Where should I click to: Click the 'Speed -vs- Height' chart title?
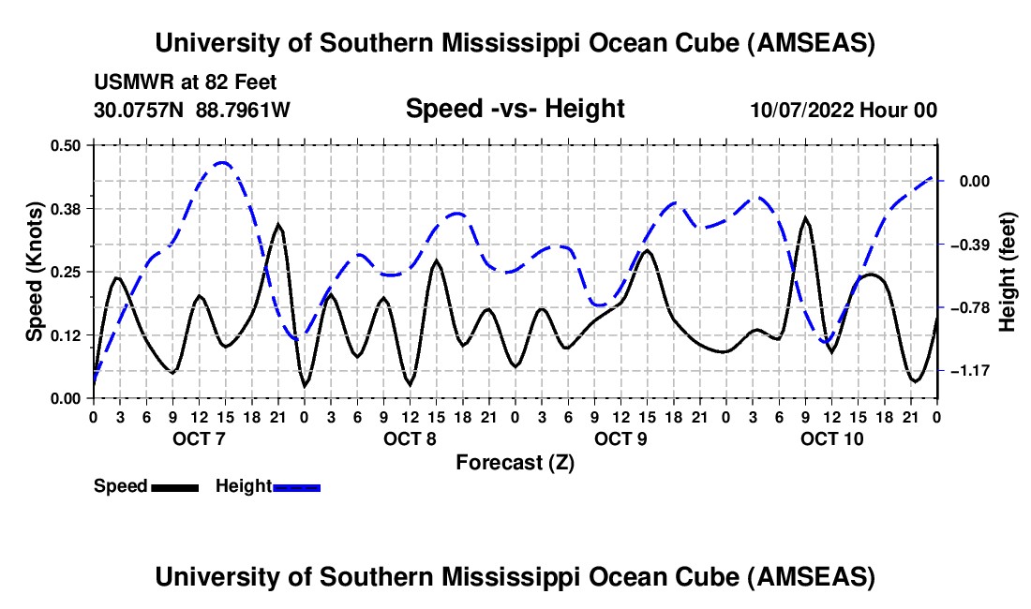pyautogui.click(x=515, y=109)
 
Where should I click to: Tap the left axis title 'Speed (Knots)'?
pyautogui.click(x=34, y=272)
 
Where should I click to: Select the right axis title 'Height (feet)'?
pyautogui.click(x=1008, y=272)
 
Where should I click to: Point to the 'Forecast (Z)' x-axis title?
pyautogui.click(x=515, y=462)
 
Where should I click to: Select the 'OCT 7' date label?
pyautogui.click(x=199, y=438)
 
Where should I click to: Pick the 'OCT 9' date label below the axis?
pyautogui.click(x=620, y=438)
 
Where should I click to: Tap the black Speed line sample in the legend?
pyautogui.click(x=175, y=486)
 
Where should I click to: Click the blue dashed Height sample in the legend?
pyautogui.click(x=296, y=486)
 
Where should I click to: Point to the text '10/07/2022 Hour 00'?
pyautogui.click(x=844, y=110)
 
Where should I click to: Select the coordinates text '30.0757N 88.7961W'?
pyautogui.click(x=192, y=110)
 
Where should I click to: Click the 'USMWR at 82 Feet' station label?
pyautogui.click(x=186, y=83)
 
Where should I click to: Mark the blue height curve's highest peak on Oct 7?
pyautogui.click(x=222, y=162)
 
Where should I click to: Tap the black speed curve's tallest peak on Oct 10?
pyautogui.click(x=806, y=218)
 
